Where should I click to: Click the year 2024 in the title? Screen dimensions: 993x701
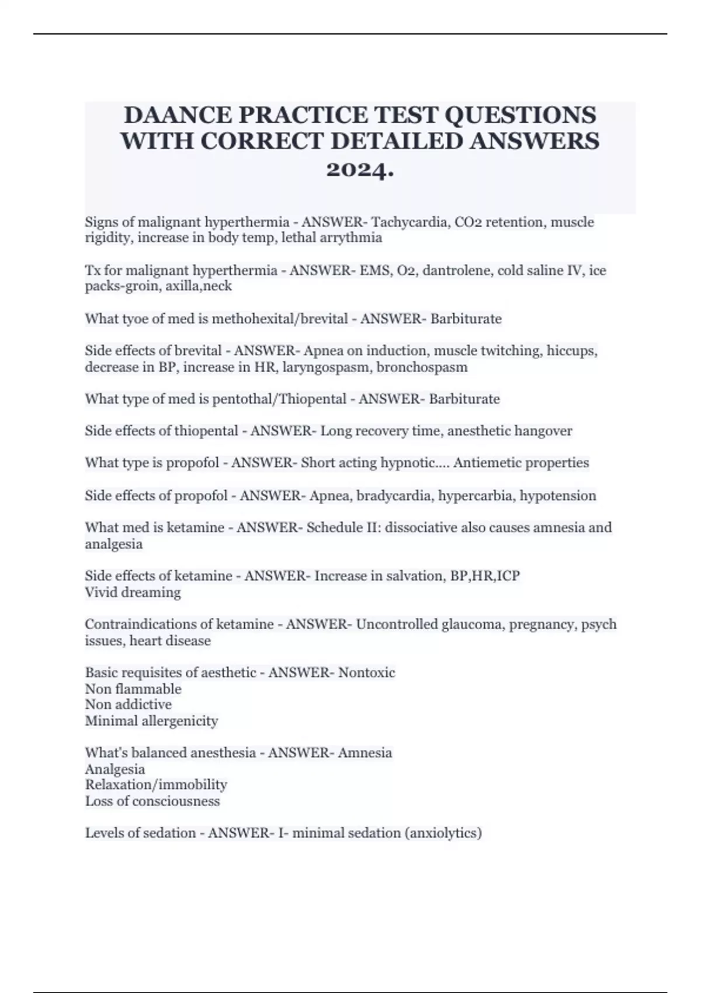coord(359,170)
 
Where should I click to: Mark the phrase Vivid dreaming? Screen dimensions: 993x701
coord(133,592)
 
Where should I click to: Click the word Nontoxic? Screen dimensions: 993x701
coord(367,672)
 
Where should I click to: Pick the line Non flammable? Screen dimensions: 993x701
coord(133,689)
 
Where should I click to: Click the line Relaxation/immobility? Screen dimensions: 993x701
coord(156,784)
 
